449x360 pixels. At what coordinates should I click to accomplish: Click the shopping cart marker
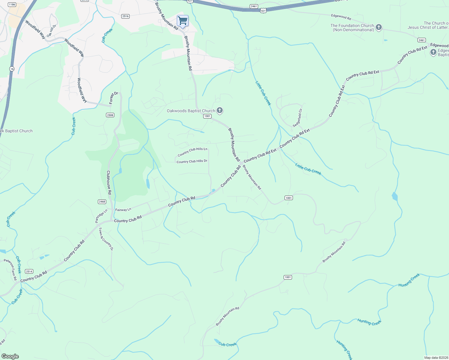point(182,21)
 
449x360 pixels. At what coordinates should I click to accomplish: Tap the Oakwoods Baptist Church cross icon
point(220,110)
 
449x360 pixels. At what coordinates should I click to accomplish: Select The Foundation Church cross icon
point(379,28)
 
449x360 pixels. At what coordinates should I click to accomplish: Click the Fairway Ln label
point(123,210)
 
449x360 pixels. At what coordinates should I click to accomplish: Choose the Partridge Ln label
point(101,216)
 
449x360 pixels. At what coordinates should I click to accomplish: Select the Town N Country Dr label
point(106,239)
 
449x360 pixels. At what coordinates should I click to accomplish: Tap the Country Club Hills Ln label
point(192,152)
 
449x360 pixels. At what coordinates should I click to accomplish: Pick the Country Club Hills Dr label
point(192,161)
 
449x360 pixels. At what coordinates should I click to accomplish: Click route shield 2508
point(110,115)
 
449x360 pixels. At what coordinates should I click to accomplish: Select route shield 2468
point(102,202)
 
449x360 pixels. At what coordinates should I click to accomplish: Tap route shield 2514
point(29,271)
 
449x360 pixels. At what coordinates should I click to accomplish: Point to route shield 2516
point(125,16)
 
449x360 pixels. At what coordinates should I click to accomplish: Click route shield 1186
point(12,4)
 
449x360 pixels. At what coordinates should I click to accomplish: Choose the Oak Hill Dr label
point(51,31)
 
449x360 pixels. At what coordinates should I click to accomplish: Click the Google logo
point(10,356)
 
